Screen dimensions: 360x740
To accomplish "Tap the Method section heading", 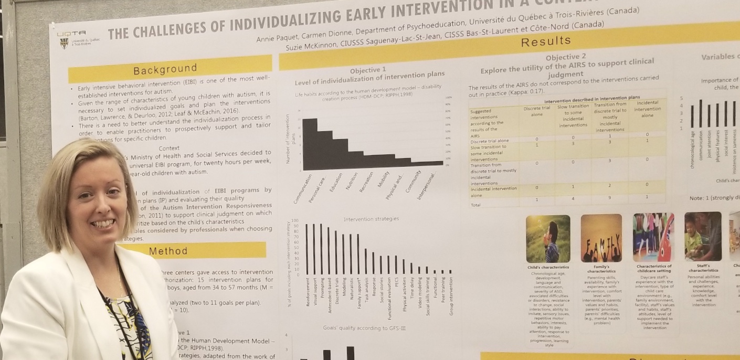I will [168, 251].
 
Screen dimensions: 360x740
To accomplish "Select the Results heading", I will [546, 41].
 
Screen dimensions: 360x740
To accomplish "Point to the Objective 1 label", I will [368, 70].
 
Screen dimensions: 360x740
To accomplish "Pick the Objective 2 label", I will [566, 57].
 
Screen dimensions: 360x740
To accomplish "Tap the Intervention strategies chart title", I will [371, 219].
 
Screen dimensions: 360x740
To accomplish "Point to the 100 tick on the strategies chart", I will [294, 221].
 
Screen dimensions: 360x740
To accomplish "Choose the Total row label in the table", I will [476, 204].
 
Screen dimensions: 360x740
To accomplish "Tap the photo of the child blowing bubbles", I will [548, 238].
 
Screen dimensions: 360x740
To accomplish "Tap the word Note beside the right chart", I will [698, 198].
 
